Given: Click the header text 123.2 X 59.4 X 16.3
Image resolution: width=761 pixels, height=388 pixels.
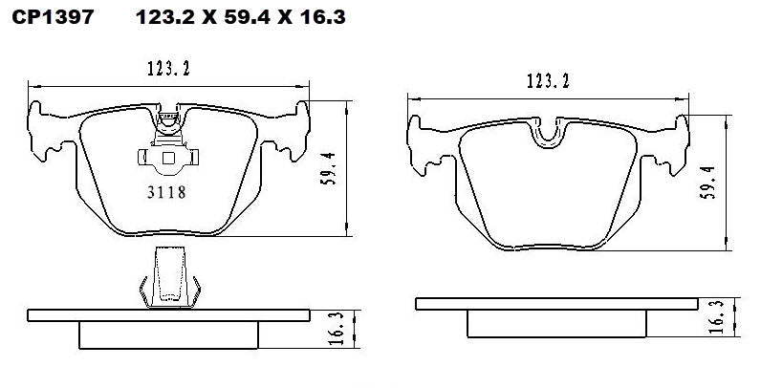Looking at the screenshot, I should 228,17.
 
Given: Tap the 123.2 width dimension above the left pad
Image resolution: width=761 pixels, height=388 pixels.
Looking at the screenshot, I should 168,68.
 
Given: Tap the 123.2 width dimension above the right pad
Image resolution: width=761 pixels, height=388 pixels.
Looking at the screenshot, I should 548,82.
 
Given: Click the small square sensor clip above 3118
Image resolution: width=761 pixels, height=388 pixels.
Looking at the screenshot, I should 168,159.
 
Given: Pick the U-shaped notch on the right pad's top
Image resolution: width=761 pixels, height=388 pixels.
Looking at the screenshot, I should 548,137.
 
